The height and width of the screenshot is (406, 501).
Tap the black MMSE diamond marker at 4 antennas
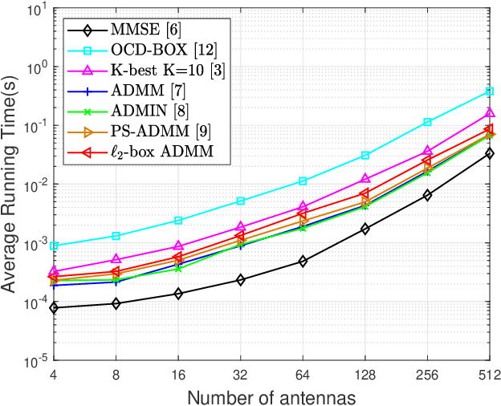click(x=53, y=307)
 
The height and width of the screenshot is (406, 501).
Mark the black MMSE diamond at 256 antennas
click(x=427, y=195)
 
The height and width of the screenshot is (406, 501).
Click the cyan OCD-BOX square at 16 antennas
click(x=177, y=220)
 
